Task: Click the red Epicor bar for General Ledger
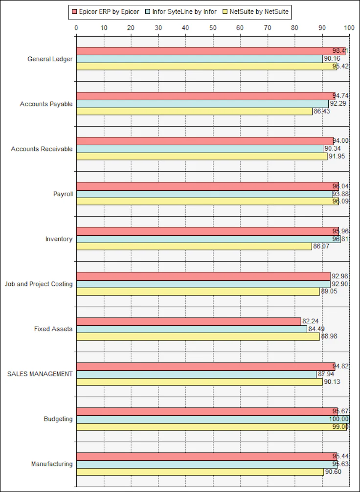coord(210,51)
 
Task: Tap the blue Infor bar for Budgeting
coord(212,419)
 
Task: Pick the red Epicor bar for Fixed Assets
coord(188,321)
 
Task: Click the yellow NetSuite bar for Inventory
coord(194,246)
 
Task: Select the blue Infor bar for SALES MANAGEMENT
coord(196,374)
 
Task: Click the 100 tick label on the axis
coord(349,28)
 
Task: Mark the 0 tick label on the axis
coord(76,28)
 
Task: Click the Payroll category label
coord(63,194)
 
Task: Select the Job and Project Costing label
coord(39,284)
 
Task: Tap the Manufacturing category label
coord(52,464)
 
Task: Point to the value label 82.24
coord(310,321)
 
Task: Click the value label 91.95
coord(337,157)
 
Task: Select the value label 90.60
coord(333,472)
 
